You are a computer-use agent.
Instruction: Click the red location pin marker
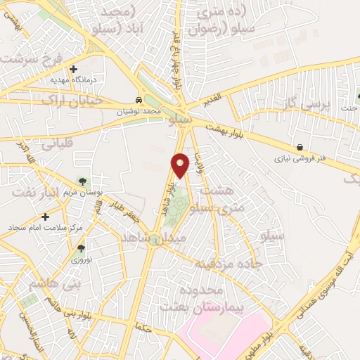180,165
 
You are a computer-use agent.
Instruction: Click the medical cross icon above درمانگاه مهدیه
74,69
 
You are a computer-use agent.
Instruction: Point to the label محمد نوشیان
141,111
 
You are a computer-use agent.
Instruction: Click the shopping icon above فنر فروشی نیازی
301,148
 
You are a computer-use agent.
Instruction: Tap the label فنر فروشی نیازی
301,160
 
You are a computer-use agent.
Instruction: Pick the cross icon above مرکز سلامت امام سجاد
46,217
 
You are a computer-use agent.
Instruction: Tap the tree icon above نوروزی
82,247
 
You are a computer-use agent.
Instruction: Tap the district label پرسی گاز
306,107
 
